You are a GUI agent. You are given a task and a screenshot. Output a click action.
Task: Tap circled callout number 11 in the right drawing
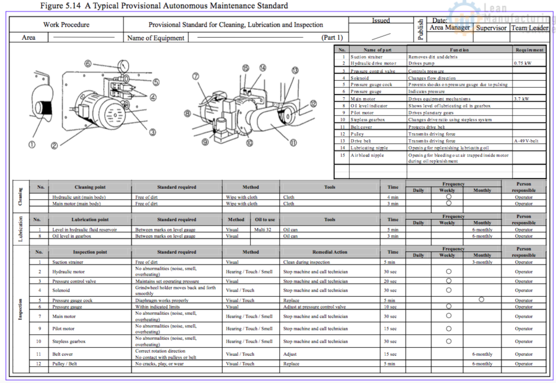click(293, 142)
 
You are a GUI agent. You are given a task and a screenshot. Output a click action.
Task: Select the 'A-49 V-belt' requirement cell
click(526, 141)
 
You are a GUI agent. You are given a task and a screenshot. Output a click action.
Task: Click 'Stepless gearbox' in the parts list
click(367, 120)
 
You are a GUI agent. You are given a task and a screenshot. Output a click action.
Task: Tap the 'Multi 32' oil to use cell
click(264, 230)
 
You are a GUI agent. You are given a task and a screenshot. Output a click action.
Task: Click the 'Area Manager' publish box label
click(450, 28)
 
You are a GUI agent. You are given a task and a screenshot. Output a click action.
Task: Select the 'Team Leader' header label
click(529, 28)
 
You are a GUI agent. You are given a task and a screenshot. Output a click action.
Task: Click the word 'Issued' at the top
click(381, 21)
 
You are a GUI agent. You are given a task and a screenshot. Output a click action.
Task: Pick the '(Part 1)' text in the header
click(332, 38)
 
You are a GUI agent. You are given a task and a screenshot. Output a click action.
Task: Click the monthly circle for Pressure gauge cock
click(482, 299)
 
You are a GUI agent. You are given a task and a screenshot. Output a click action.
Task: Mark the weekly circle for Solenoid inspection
click(449, 290)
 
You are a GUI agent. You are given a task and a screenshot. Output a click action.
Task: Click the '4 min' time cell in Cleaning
click(392, 197)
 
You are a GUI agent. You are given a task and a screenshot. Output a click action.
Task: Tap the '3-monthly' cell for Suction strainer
click(482, 262)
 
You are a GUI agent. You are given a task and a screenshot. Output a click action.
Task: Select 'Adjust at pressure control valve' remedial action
click(314, 307)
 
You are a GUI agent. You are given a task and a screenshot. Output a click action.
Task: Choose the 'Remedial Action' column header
click(330, 252)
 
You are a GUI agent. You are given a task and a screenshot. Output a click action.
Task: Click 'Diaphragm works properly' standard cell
click(162, 301)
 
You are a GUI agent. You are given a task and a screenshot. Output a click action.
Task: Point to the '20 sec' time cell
click(390, 281)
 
